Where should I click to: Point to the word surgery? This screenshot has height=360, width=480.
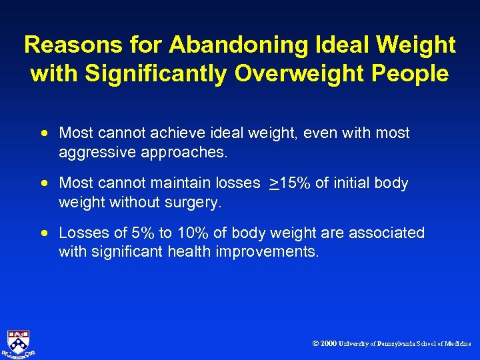pyautogui.click(x=196, y=202)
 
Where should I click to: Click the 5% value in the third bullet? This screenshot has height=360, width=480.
pyautogui.click(x=140, y=233)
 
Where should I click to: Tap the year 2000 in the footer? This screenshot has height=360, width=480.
pyautogui.click(x=328, y=344)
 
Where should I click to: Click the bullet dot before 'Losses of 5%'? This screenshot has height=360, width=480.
pyautogui.click(x=44, y=233)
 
